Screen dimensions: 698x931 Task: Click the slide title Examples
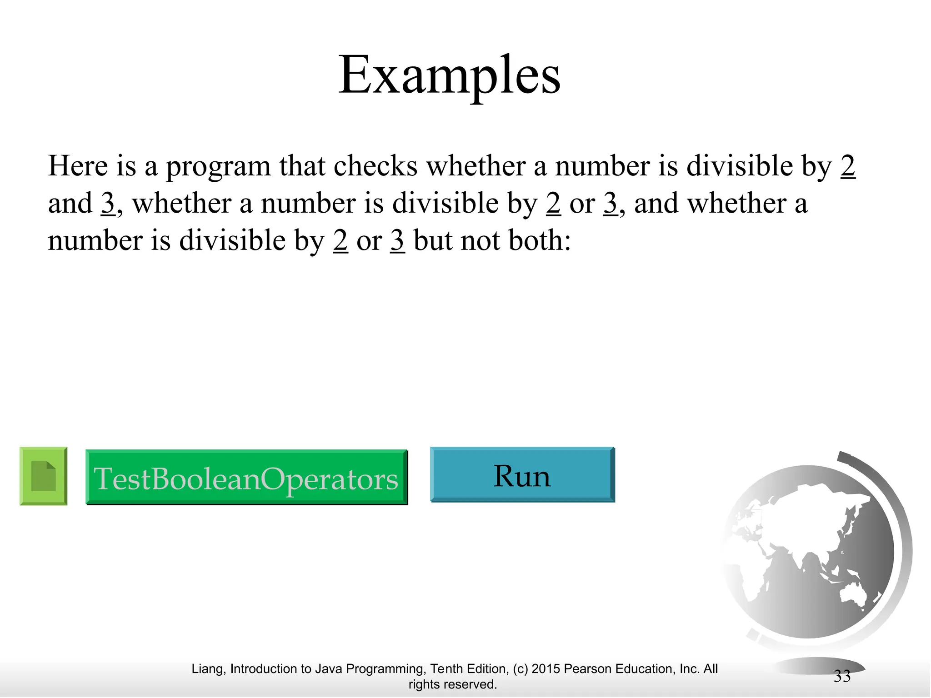coord(449,75)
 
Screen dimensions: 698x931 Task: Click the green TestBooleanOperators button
coord(246,478)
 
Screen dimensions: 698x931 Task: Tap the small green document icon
coord(44,476)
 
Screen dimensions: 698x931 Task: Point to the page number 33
coord(842,676)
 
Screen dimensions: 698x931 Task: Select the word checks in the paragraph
coord(375,166)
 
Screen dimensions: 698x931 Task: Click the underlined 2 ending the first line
coord(848,166)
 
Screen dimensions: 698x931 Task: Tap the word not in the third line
coord(480,240)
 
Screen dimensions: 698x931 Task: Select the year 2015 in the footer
coord(546,669)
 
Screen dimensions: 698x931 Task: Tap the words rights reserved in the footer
coord(452,684)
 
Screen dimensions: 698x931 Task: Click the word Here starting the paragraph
coord(78,166)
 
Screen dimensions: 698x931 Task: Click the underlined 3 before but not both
coord(397,240)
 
